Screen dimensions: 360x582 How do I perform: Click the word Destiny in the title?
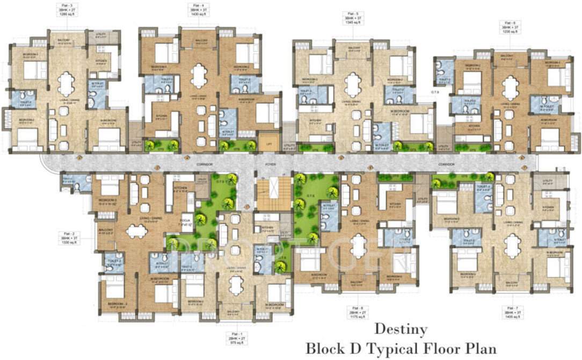[x=401, y=328]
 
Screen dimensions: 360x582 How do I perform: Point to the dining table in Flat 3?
[x=67, y=83]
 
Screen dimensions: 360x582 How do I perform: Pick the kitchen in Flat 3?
[x=102, y=62]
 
